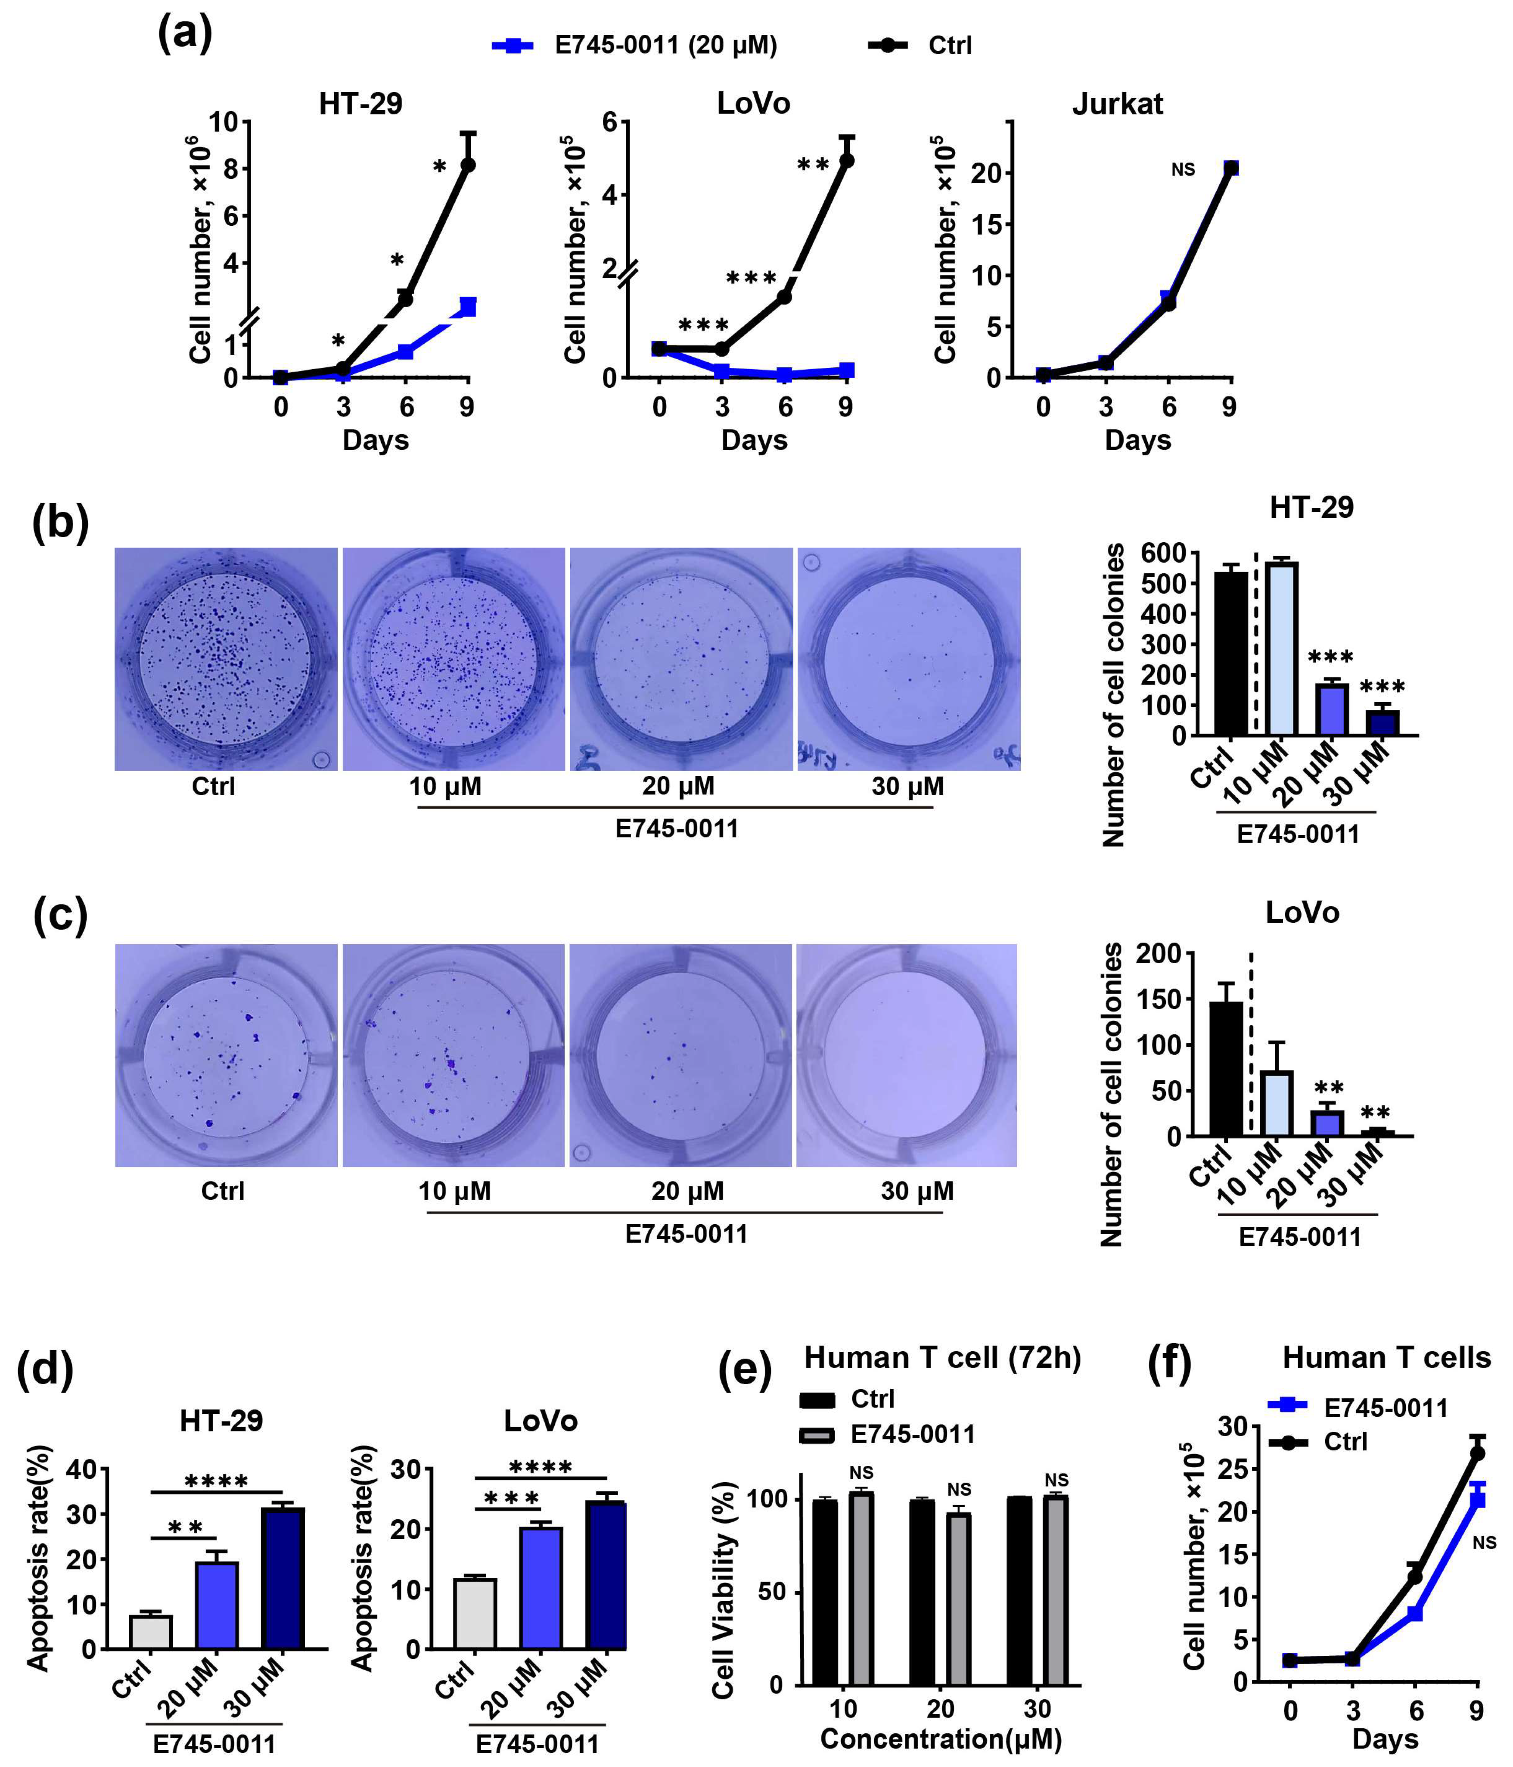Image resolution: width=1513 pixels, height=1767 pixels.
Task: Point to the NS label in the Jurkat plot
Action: point(1183,170)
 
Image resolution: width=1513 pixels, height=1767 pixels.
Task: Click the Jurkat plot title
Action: point(1117,104)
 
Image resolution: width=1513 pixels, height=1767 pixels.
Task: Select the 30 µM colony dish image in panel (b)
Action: point(908,659)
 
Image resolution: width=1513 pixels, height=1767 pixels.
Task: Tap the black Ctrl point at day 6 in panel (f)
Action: point(1415,1576)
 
